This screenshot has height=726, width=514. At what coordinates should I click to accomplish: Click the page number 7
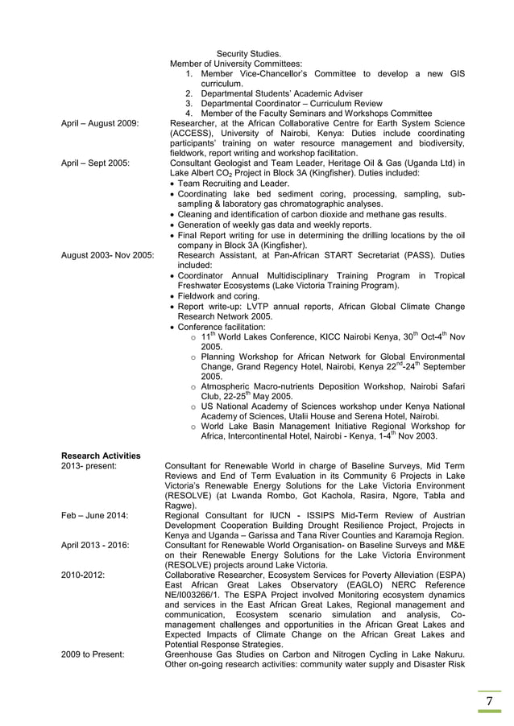pos(488,702)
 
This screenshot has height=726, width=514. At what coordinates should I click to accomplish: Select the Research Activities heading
pos(101,456)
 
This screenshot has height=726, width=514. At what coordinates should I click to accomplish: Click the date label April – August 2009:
pos(100,123)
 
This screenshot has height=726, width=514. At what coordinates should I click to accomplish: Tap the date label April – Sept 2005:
pos(95,163)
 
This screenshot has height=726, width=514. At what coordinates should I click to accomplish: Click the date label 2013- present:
pos(89,466)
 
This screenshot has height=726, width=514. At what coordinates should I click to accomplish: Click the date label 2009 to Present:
pos(93,654)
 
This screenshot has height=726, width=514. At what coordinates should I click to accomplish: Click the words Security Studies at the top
pos(249,54)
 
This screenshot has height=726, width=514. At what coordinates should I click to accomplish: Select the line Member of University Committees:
pos(236,64)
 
